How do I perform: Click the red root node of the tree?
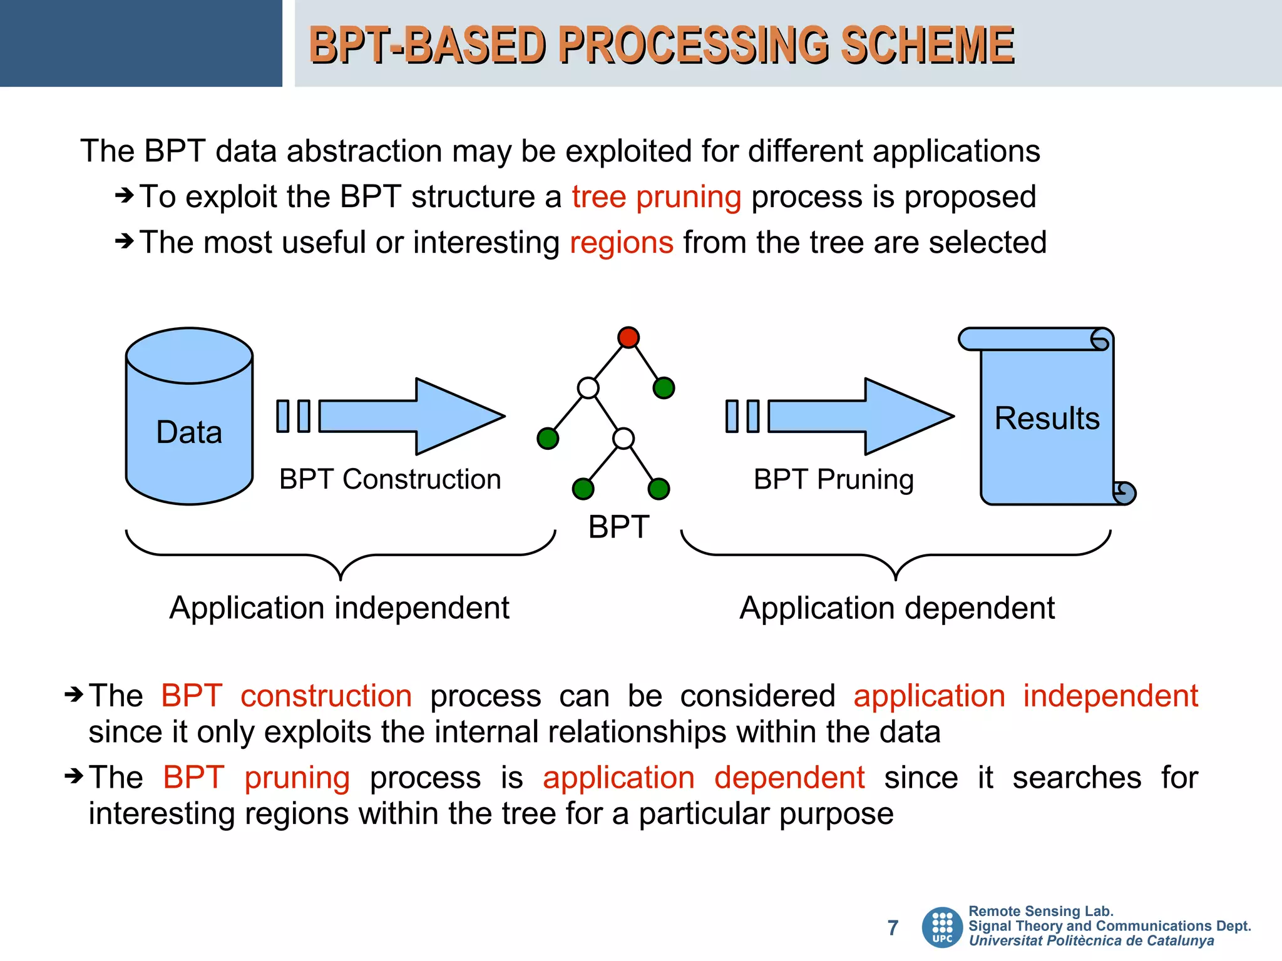(x=628, y=337)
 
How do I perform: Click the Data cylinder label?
(x=189, y=432)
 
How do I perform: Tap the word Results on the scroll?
(x=1047, y=418)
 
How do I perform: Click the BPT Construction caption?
(x=390, y=479)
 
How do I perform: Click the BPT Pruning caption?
(x=833, y=479)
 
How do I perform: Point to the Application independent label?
(x=339, y=608)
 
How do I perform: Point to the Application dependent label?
(x=896, y=608)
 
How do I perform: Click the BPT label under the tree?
(x=618, y=527)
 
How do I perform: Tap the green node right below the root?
(x=664, y=388)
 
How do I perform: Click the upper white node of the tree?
(x=588, y=388)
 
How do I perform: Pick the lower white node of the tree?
(x=623, y=438)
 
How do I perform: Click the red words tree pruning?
(x=656, y=197)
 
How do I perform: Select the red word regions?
(x=621, y=243)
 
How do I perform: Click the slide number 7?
(x=893, y=927)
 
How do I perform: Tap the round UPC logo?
(x=942, y=927)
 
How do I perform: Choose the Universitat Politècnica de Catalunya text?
(x=1090, y=941)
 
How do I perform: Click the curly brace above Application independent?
(x=341, y=556)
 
